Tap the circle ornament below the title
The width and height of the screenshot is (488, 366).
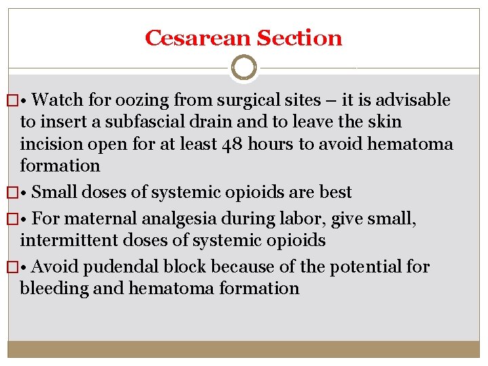[244, 68]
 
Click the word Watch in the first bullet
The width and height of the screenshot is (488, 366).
[56, 100]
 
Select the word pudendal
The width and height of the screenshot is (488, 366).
[120, 267]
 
